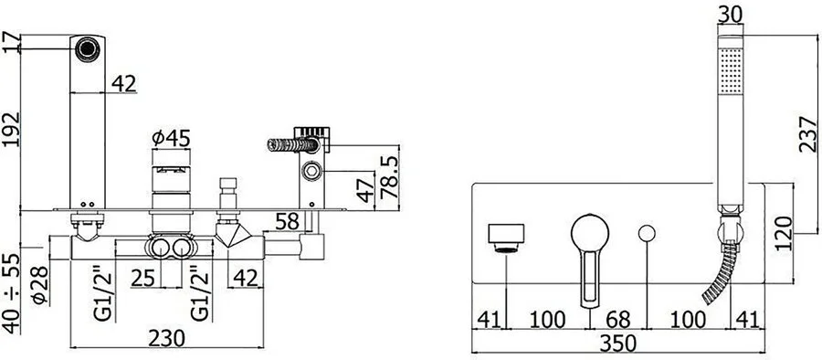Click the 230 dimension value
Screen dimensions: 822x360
pyautogui.click(x=166, y=338)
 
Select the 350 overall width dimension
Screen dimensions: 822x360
pyautogui.click(x=617, y=344)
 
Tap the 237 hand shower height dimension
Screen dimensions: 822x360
pyautogui.click(x=808, y=134)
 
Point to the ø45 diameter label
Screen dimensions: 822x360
pyautogui.click(x=171, y=139)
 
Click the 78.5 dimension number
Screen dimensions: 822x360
pyautogui.click(x=389, y=176)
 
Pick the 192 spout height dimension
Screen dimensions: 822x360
pyautogui.click(x=11, y=130)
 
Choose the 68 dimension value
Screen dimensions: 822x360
pyautogui.click(x=618, y=320)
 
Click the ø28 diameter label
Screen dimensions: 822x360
pyautogui.click(x=40, y=285)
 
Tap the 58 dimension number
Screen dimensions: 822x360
pyautogui.click(x=287, y=221)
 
